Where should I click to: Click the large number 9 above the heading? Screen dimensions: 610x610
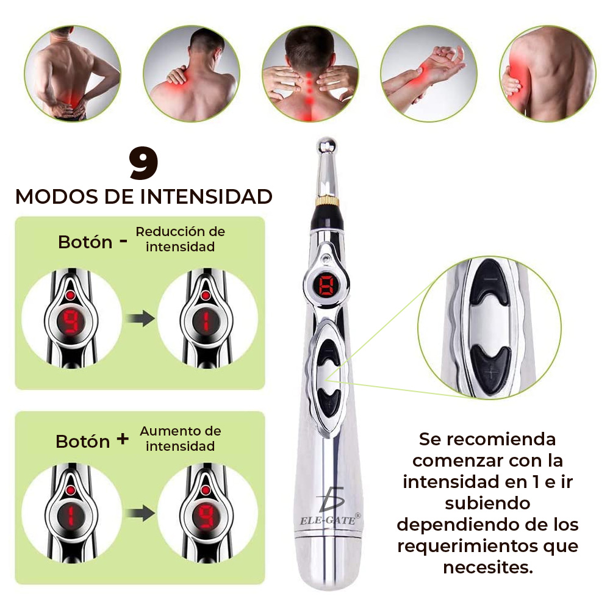(x=144, y=163)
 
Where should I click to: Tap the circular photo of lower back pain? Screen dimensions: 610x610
(x=73, y=73)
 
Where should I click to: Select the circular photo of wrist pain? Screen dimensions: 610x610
(x=429, y=73)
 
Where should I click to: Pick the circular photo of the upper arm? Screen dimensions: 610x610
(x=547, y=73)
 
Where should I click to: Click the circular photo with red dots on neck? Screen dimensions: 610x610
(x=310, y=73)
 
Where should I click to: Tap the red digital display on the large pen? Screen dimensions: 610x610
(x=326, y=285)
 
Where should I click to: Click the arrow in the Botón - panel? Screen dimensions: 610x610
(x=140, y=319)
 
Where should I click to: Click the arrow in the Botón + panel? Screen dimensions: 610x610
(x=140, y=514)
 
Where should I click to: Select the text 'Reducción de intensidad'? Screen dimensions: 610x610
(x=180, y=239)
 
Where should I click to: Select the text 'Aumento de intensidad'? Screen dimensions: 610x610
(x=180, y=439)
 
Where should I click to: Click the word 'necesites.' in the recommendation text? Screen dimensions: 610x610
(x=488, y=567)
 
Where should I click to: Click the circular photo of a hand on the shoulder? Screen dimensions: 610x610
(x=192, y=73)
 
